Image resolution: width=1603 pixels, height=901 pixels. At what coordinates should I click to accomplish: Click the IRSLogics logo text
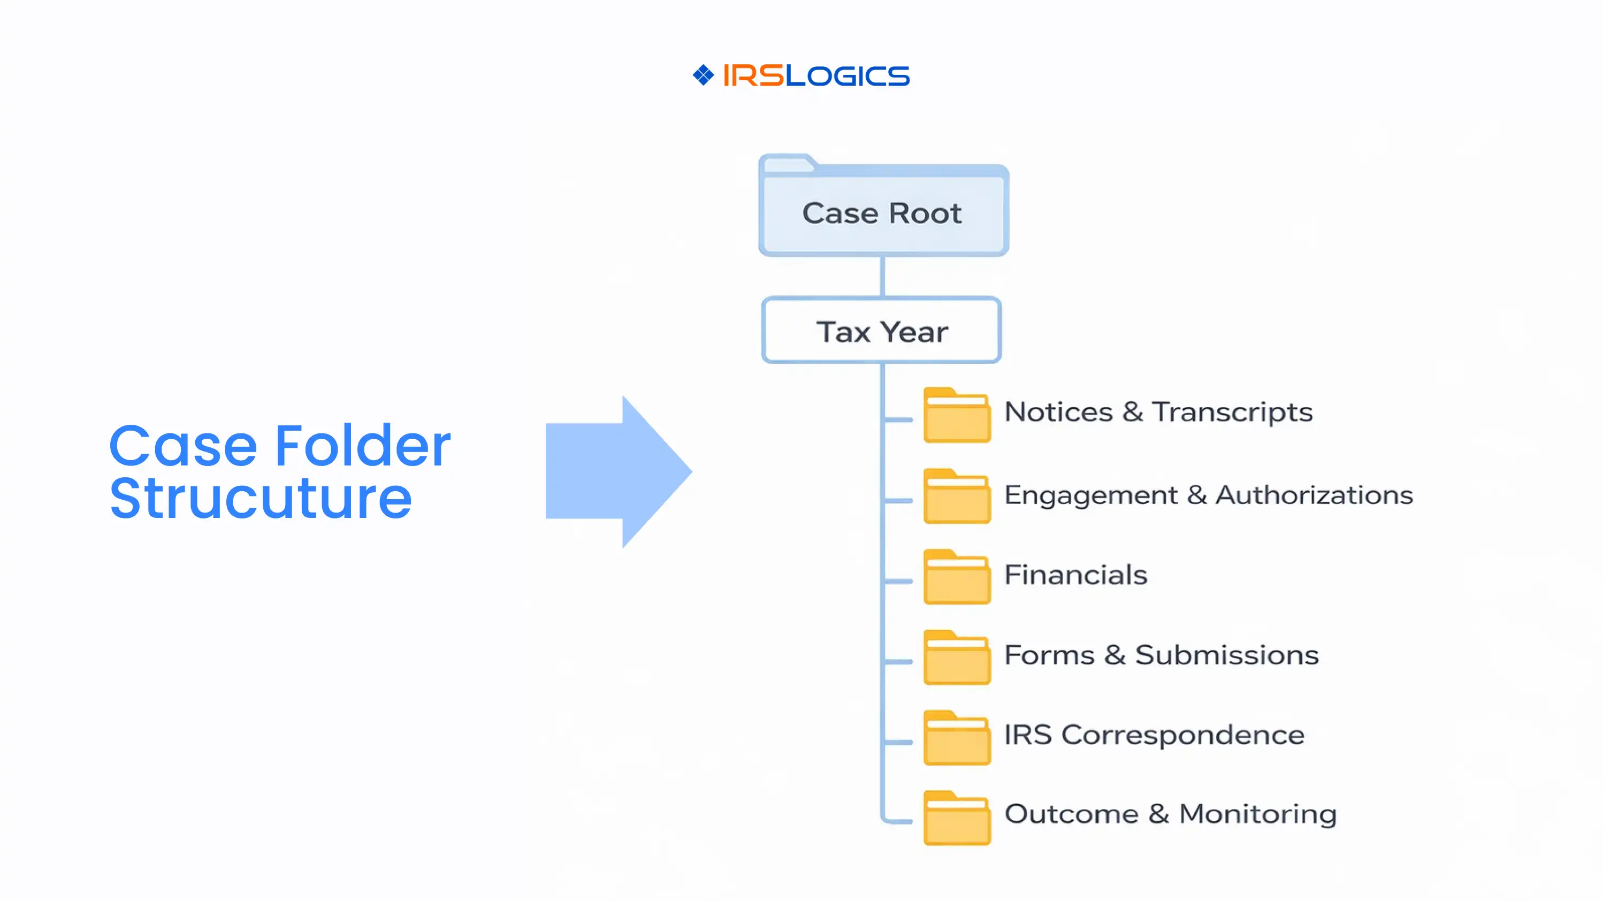(816, 76)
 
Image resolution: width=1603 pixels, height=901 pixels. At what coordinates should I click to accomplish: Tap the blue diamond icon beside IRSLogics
(703, 75)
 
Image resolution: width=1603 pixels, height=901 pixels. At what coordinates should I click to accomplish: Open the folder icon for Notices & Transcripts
(957, 415)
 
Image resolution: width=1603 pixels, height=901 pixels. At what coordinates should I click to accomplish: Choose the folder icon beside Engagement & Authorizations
(957, 496)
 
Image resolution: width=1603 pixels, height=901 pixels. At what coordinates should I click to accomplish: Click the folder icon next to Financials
(957, 577)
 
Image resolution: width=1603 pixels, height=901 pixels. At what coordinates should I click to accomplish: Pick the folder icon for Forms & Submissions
(957, 658)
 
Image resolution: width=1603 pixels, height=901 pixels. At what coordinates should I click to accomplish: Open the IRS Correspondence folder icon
(957, 738)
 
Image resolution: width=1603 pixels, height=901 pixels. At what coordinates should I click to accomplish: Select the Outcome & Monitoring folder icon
(957, 818)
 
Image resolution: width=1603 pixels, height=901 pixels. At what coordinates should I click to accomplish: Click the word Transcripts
(1232, 412)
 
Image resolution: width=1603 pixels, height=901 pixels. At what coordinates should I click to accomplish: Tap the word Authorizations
(1314, 495)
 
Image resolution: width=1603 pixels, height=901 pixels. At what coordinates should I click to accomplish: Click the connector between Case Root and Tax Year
(882, 276)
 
